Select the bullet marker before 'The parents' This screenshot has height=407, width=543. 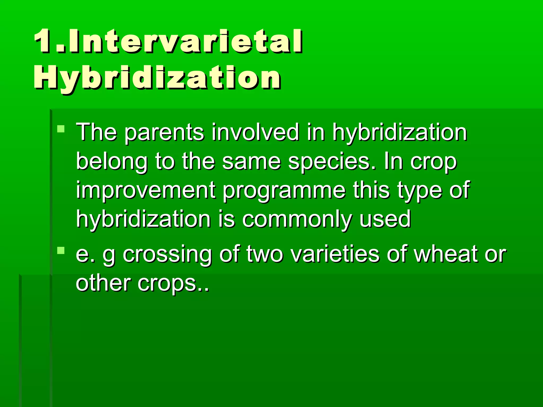tap(61, 129)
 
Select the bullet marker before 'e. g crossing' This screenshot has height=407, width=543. tap(61, 250)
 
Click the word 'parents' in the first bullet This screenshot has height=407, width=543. tap(164, 132)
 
